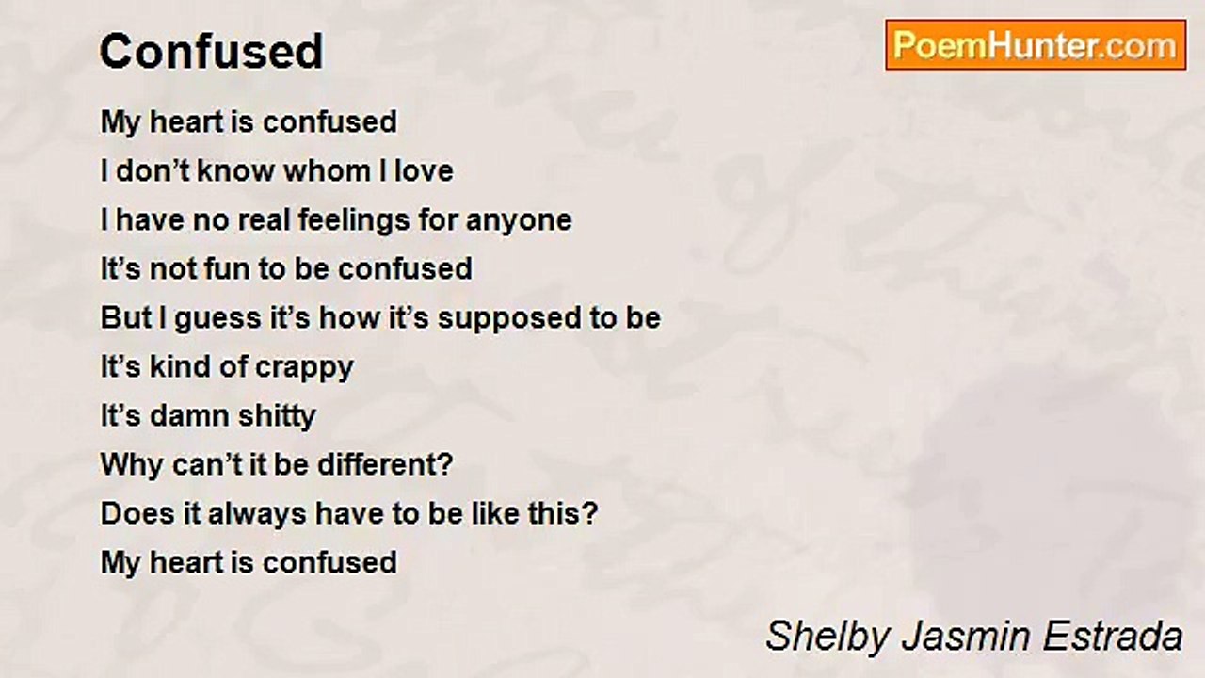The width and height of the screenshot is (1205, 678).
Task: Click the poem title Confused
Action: click(212, 51)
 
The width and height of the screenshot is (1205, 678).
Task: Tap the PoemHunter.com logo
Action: click(1036, 45)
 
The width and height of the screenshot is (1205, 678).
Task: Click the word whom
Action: click(327, 170)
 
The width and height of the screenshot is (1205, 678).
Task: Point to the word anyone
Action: click(519, 221)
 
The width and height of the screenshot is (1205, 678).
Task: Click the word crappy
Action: click(304, 368)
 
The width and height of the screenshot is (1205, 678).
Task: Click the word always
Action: click(257, 514)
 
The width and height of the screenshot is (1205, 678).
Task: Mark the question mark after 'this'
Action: click(589, 513)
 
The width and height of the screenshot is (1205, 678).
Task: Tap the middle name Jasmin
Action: click(966, 636)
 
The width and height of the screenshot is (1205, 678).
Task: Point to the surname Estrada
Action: click(1113, 636)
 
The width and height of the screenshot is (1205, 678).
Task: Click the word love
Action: click(424, 170)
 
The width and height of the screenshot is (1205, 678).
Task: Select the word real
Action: click(264, 219)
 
